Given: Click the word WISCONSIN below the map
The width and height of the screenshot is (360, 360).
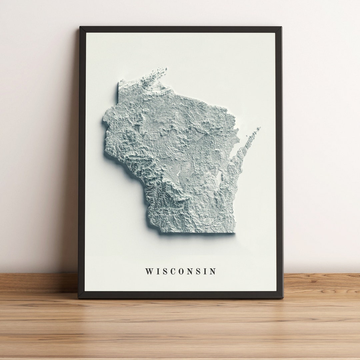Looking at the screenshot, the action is [180, 271].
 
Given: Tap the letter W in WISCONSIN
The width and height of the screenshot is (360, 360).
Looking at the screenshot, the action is [149, 271].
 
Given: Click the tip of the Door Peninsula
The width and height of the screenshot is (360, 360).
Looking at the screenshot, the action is [259, 128].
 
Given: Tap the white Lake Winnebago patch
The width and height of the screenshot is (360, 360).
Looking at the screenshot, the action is [219, 178].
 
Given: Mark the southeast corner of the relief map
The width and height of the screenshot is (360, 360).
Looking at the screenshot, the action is [234, 232].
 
